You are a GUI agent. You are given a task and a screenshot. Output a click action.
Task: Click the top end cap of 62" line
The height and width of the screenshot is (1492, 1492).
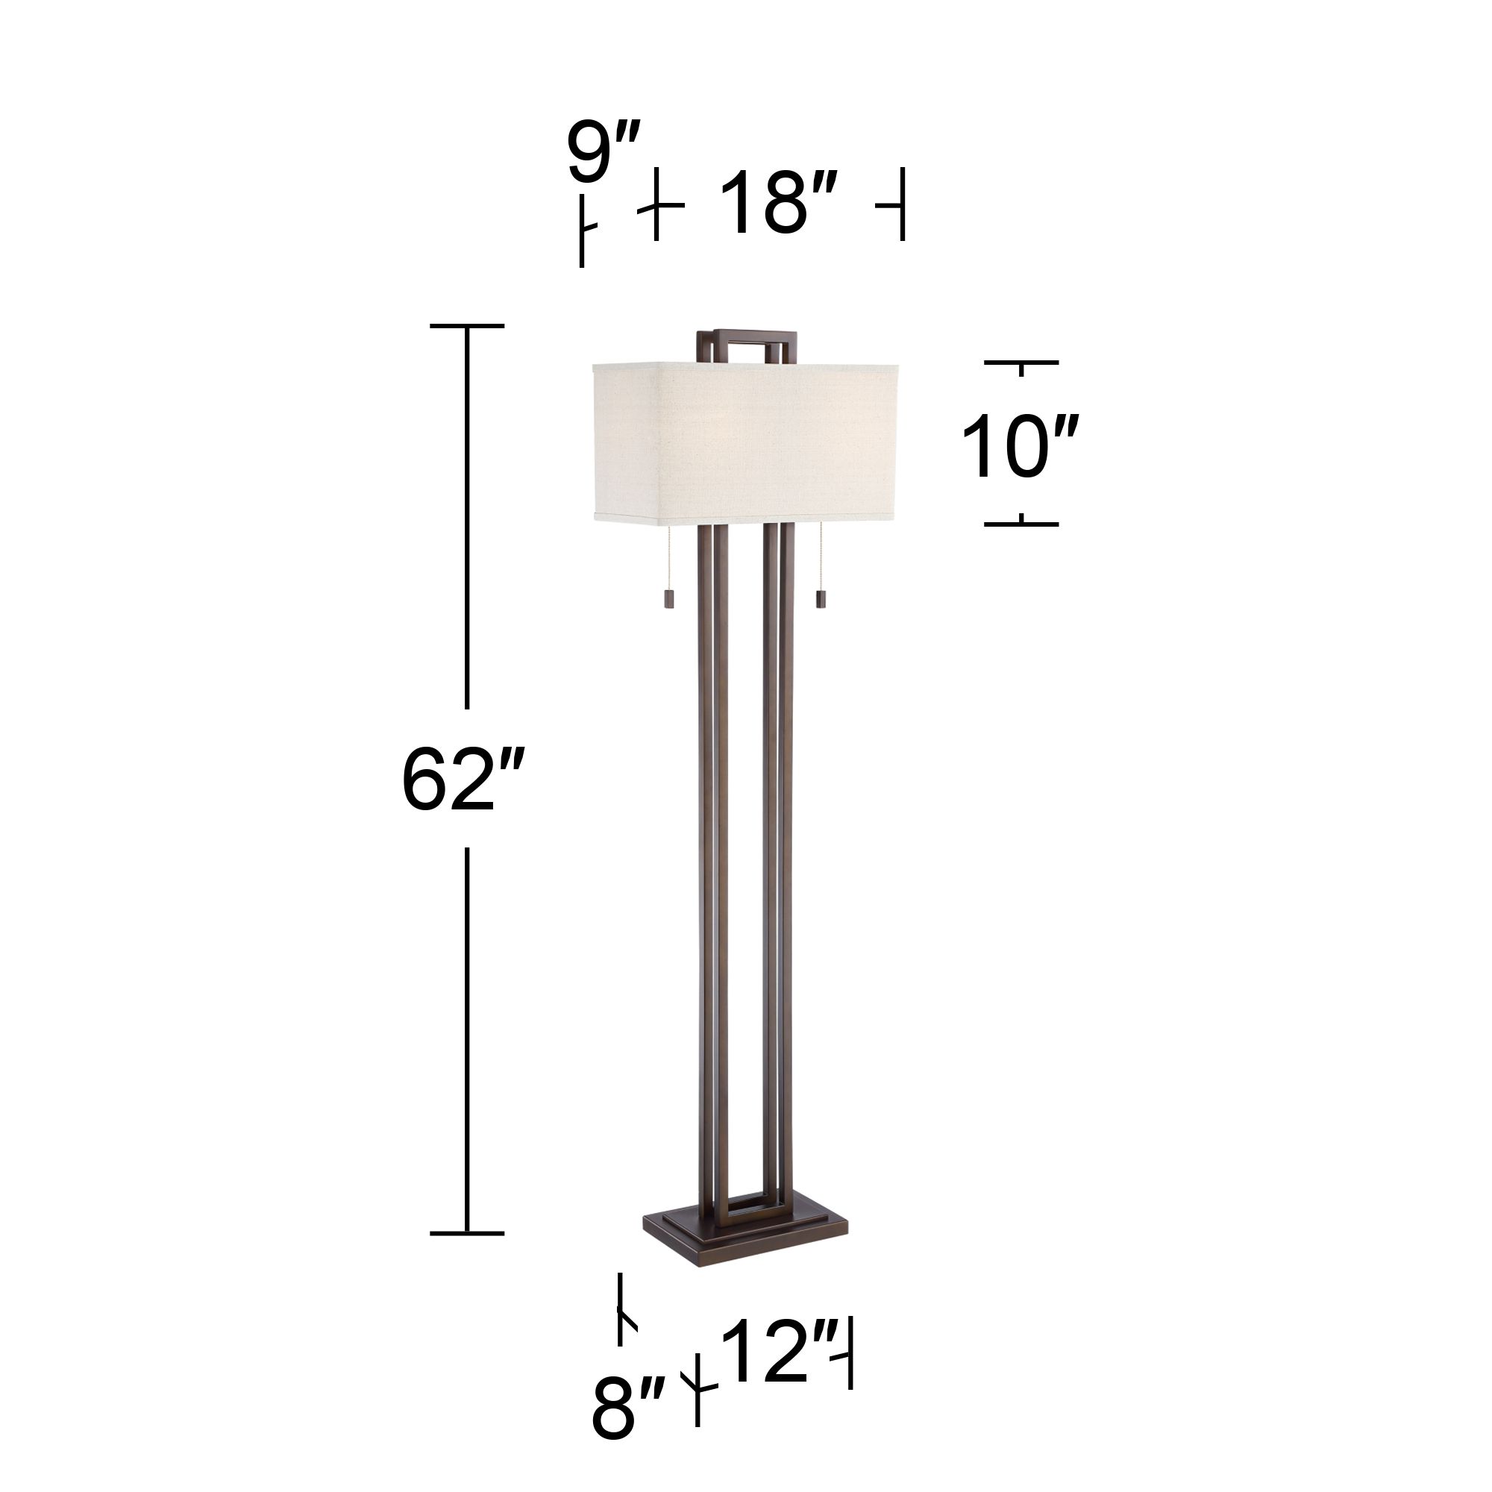466,326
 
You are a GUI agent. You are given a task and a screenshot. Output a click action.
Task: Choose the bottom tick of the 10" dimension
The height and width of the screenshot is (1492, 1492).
1021,524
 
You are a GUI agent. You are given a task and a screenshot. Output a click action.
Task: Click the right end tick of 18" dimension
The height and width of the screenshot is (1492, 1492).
900,205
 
